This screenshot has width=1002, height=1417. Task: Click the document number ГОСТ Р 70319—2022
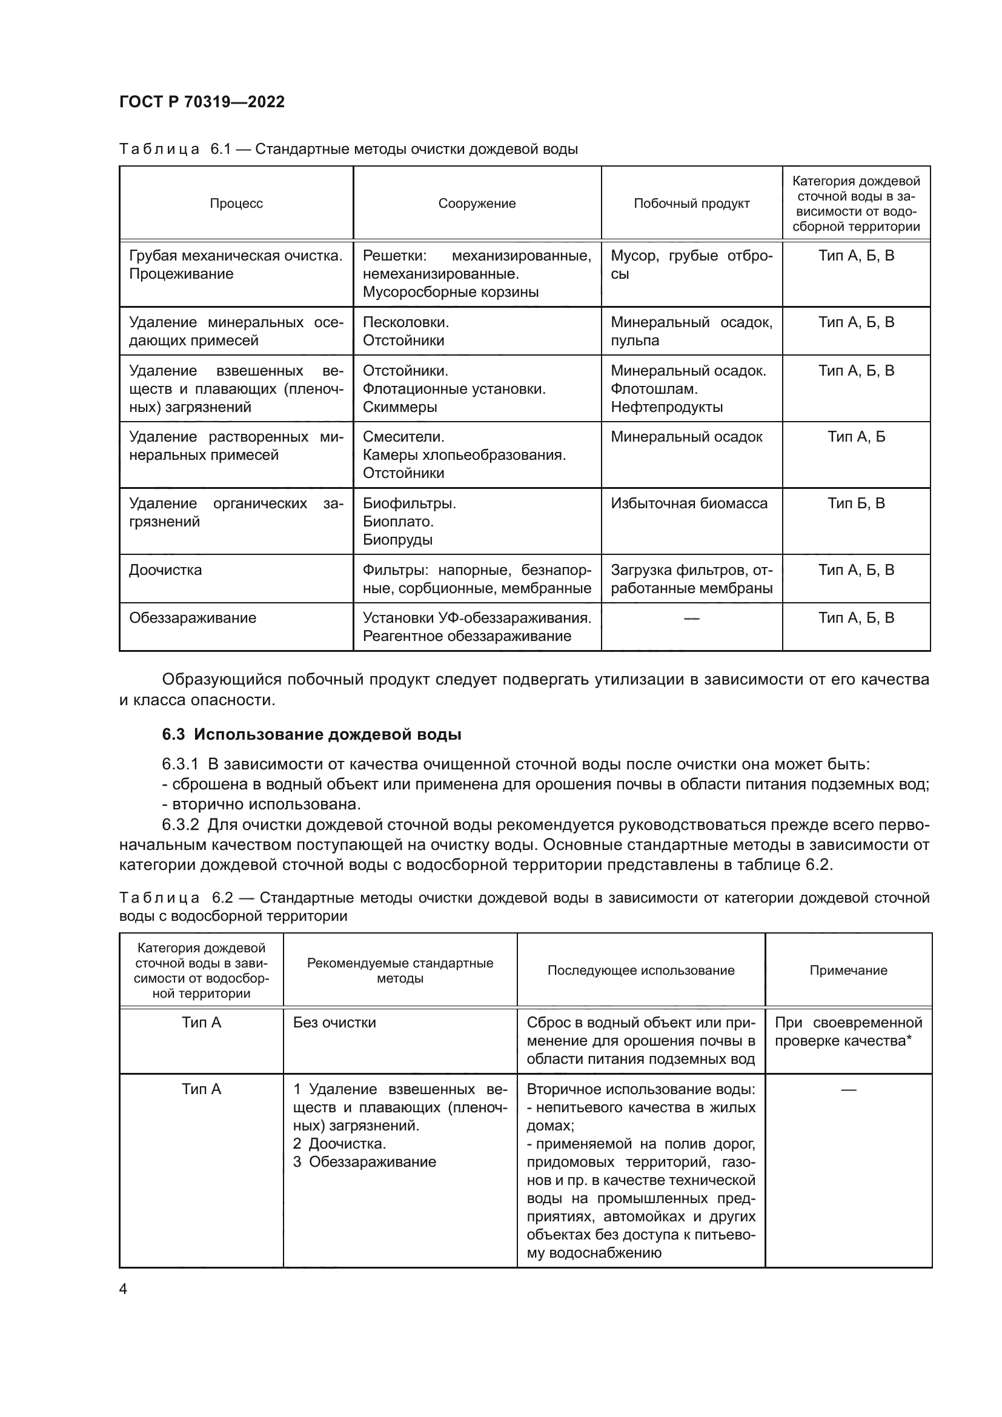[x=202, y=102]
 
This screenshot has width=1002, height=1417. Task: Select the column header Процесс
[x=236, y=204]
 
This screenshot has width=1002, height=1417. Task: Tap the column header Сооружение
[x=477, y=204]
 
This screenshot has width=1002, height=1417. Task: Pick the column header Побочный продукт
[x=692, y=204]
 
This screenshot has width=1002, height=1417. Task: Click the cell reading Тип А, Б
[x=857, y=437]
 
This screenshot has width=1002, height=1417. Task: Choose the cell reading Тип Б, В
[x=857, y=503]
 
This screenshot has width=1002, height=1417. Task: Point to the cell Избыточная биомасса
[x=689, y=503]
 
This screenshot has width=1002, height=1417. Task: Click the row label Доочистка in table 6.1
[x=165, y=570]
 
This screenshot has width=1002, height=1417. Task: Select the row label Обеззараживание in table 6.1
[x=193, y=619]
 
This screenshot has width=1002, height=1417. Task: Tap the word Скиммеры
[x=400, y=407]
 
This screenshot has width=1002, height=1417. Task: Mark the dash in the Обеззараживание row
[x=692, y=619]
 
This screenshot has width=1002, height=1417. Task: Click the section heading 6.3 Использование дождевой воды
[x=311, y=734]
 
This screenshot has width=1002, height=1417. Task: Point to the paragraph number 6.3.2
[x=180, y=825]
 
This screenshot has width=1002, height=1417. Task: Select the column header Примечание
[x=848, y=971]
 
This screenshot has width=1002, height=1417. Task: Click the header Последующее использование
[x=641, y=971]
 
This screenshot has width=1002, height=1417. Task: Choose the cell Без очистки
[x=334, y=1023]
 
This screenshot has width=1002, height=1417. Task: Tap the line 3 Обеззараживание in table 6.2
[x=364, y=1162]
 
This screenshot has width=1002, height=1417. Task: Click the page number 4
[x=123, y=1289]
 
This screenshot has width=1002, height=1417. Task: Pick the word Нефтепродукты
[x=667, y=407]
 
